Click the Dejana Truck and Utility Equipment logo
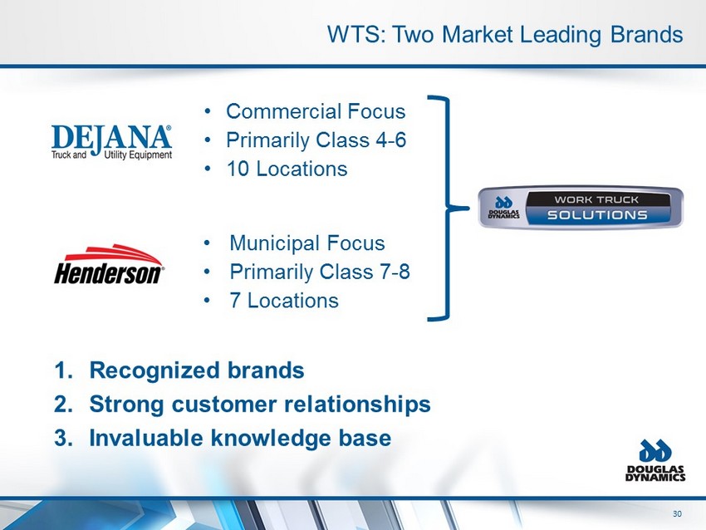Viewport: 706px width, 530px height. point(111,142)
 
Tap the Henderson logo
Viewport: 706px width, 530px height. point(109,264)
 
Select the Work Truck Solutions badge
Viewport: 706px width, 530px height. point(581,208)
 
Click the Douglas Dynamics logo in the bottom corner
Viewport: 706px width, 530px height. point(655,461)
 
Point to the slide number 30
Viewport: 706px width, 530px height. point(677,513)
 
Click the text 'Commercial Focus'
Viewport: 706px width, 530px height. point(316,111)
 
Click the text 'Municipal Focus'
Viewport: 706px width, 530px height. point(307,243)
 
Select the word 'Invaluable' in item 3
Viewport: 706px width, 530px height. point(146,438)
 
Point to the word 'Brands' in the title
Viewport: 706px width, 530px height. point(646,34)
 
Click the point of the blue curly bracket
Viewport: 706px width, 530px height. point(468,208)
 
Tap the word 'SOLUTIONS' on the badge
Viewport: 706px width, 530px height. point(597,215)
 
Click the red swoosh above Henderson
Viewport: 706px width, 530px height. point(114,254)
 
